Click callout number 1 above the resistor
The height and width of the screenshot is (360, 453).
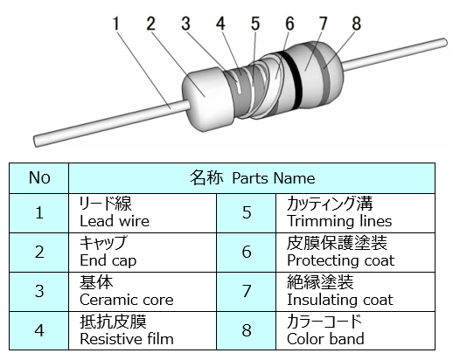[x=116, y=24]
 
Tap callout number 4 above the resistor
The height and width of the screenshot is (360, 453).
[x=220, y=24]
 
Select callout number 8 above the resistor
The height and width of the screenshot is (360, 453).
[x=356, y=24]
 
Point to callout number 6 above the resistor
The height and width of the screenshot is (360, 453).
[x=289, y=24]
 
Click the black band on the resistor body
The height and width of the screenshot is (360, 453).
[x=292, y=80]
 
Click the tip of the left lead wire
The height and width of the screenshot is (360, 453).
[x=36, y=142]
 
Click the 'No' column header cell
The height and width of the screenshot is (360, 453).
[x=39, y=178]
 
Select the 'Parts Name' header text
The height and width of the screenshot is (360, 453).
[x=274, y=178]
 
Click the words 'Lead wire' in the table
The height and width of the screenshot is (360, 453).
[x=115, y=221]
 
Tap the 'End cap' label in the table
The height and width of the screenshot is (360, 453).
[x=108, y=260]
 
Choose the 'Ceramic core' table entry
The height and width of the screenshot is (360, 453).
[x=127, y=300]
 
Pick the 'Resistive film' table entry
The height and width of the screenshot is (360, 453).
[x=127, y=339]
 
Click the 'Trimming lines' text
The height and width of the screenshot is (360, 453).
[x=339, y=221]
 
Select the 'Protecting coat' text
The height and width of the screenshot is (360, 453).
[x=340, y=260]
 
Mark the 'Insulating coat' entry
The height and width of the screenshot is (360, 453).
[x=340, y=300]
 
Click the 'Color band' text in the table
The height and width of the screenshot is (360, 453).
[x=325, y=339]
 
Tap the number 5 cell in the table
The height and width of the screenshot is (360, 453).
[x=247, y=213]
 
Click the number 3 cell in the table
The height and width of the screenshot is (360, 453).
[x=39, y=292]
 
